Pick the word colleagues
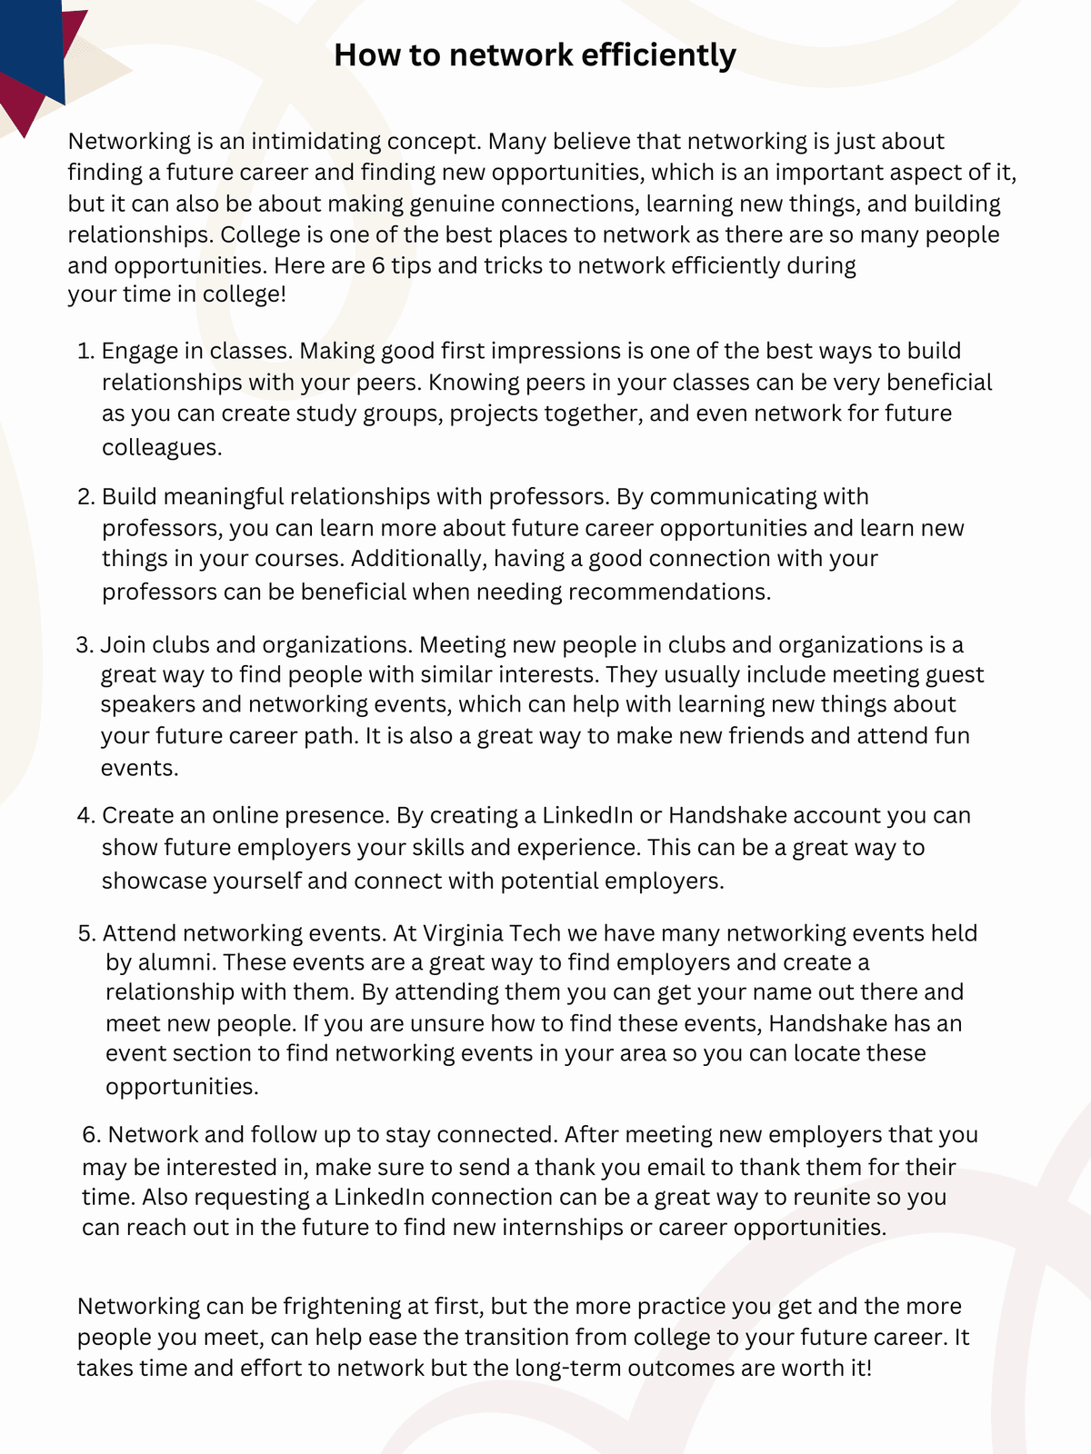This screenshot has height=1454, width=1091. pos(161,447)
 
